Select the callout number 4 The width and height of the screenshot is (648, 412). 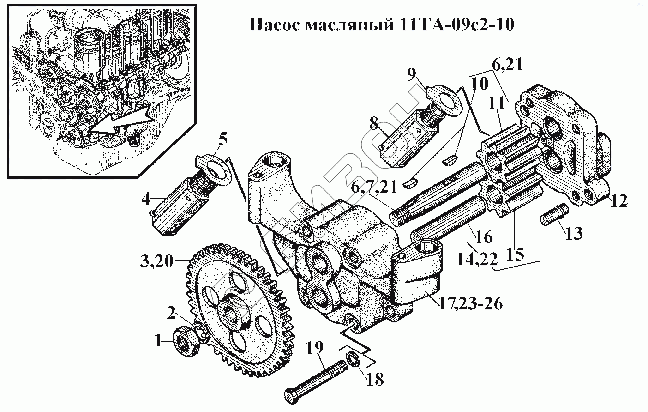tap(146, 199)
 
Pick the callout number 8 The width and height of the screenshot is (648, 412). tap(374, 124)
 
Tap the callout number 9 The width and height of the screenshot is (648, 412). tap(411, 75)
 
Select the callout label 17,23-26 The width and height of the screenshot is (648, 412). tap(470, 304)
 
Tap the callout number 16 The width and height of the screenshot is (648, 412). tap(484, 237)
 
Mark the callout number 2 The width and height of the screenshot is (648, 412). tap(171, 312)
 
